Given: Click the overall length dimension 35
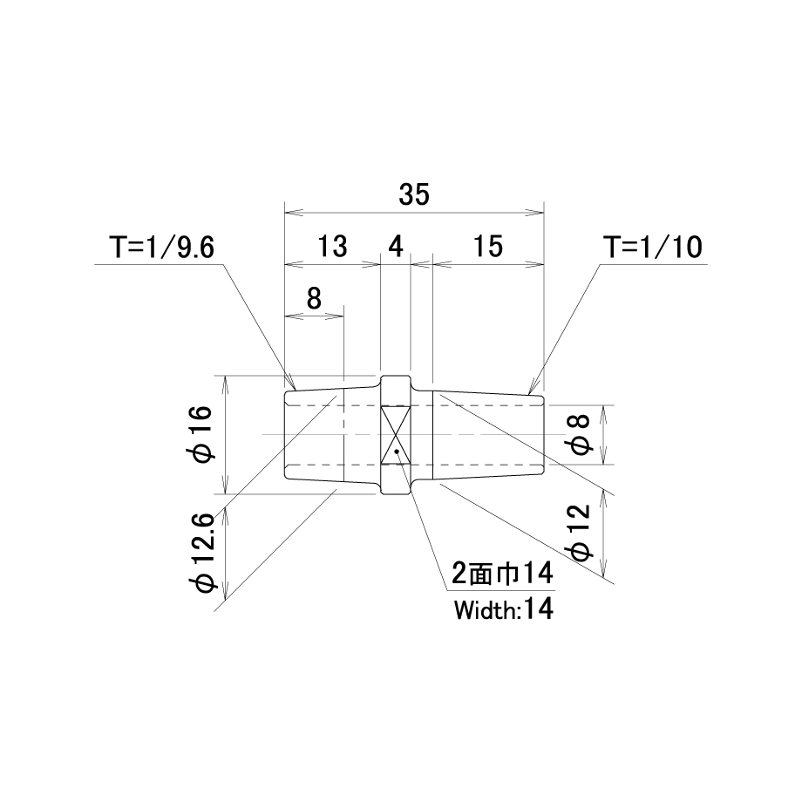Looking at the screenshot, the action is (414, 195).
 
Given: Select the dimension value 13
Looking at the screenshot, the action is (332, 247).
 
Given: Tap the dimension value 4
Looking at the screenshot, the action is (396, 247).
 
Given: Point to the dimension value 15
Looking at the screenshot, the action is (488, 247).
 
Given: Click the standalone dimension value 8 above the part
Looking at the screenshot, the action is (314, 298).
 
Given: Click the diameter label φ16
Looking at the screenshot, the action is (200, 434).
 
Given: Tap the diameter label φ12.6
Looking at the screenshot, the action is (203, 554).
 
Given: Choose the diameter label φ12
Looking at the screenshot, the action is (580, 533).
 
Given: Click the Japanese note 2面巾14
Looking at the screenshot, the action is (502, 574).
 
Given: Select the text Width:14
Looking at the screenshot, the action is (504, 609).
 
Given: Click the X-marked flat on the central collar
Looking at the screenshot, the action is (396, 435).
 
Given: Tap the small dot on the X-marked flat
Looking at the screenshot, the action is (398, 452).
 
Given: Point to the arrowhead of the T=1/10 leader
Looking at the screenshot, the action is (532, 387).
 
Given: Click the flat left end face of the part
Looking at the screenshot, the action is (284, 435).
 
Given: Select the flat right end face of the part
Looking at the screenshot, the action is (543, 435).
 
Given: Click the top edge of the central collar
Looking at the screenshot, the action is (396, 376).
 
